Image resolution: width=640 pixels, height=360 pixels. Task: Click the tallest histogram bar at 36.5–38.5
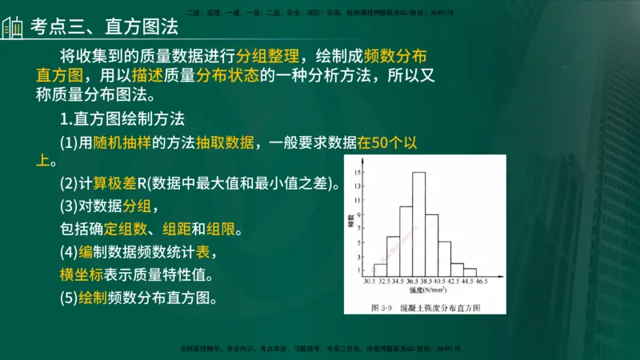click(418, 224)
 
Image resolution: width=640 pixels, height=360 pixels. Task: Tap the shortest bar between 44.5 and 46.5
click(470, 273)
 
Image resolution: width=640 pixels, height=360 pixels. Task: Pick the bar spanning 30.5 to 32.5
click(380, 270)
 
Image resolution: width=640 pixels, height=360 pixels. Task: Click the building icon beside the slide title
click(13, 27)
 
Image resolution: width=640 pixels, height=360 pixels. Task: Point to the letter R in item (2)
click(130, 183)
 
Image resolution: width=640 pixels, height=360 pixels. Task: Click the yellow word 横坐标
click(78, 274)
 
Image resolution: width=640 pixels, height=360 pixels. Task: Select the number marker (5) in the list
click(70, 298)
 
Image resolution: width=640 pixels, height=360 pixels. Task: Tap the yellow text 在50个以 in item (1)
click(387, 142)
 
